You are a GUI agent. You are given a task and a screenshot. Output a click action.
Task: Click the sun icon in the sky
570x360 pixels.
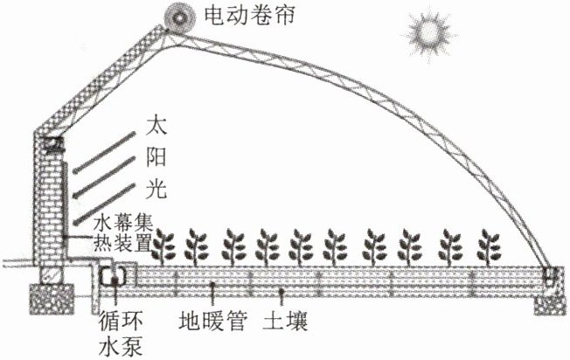point(428,32)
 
